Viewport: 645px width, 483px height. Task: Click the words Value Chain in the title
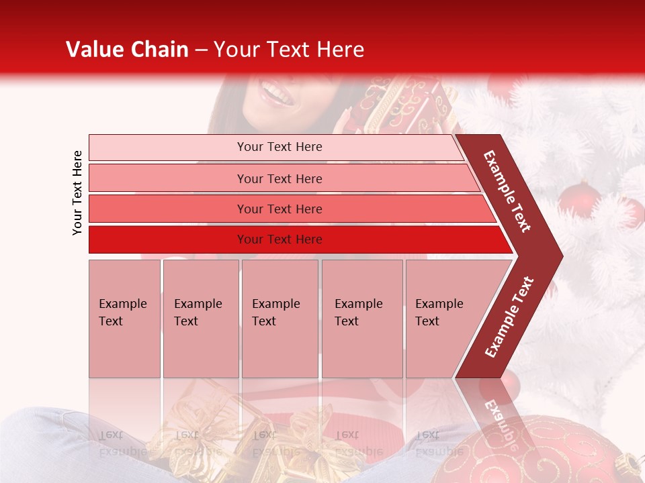pos(127,50)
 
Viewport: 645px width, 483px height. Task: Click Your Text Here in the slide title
pos(289,50)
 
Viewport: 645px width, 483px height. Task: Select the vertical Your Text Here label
pos(77,193)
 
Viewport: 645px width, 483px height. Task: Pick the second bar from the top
pos(279,178)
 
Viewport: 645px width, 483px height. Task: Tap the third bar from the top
pos(279,209)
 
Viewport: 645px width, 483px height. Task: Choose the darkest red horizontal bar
pos(279,239)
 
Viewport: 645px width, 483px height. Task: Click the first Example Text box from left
pos(124,318)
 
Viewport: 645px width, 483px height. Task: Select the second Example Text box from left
pos(200,318)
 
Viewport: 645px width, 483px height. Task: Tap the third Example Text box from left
pos(279,318)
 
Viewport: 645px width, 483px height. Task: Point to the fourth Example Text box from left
pos(361,318)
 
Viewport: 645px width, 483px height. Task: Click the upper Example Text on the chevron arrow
pos(507,191)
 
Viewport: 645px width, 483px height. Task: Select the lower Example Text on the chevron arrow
pos(509,317)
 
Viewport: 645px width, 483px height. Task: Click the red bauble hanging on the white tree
pos(579,199)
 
